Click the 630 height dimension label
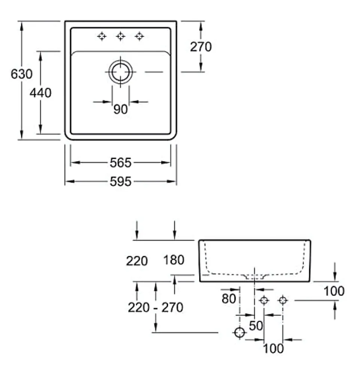point(22,74)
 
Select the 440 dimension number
point(41,93)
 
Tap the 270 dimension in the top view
point(201,47)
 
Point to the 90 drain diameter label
point(120,109)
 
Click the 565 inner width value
point(120,162)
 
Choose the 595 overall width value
point(120,181)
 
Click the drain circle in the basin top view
point(120,72)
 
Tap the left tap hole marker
point(102,36)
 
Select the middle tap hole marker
point(120,36)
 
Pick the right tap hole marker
point(139,36)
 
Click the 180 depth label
point(174,260)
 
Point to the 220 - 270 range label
point(155,307)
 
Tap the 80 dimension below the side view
point(229,299)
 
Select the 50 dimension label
point(256,326)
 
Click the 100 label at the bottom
point(273,348)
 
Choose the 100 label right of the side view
point(334,291)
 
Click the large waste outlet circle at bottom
point(239,332)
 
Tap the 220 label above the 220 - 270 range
point(137,261)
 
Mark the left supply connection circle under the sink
point(264,300)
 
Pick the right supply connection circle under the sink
point(283,300)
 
